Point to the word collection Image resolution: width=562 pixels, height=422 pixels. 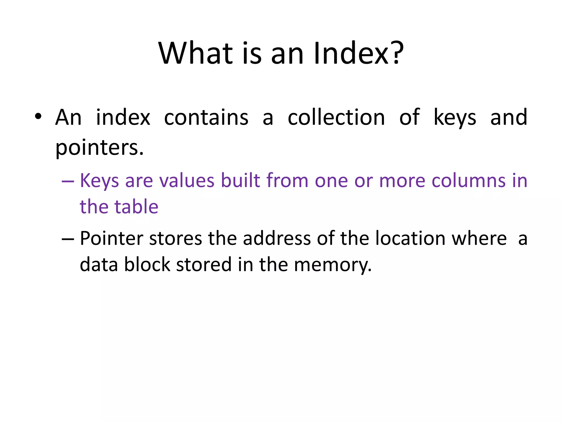[336, 117]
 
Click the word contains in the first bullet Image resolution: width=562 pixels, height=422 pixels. [206, 117]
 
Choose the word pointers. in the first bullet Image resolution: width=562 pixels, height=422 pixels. [99, 148]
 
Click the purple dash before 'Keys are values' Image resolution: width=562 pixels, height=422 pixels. [68, 182]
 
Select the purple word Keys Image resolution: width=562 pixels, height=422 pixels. [99, 181]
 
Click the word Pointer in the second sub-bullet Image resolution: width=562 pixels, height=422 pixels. [111, 238]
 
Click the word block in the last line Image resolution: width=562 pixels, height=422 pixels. [147, 264]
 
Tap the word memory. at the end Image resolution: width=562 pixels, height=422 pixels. [333, 265]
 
